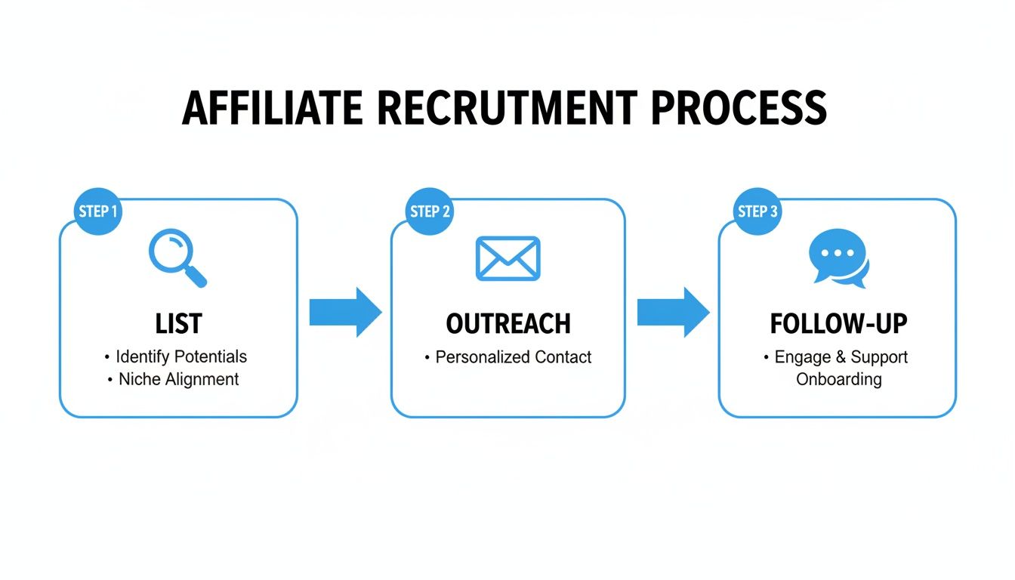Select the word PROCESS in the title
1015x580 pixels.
click(x=738, y=108)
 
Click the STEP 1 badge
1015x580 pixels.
click(x=98, y=211)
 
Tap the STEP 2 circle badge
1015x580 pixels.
click(x=430, y=211)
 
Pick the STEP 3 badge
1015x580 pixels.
click(x=757, y=211)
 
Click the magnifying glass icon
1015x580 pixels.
click(x=177, y=258)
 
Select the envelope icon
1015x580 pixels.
click(x=507, y=258)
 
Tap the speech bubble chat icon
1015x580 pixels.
click(x=838, y=258)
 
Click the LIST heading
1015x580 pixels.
click(x=178, y=324)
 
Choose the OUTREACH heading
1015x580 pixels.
click(x=507, y=324)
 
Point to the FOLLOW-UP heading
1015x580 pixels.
click(x=838, y=324)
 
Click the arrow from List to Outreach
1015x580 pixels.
click(x=345, y=312)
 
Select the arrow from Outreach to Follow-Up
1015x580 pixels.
click(x=673, y=312)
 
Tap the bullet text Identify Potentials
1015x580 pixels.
click(x=180, y=356)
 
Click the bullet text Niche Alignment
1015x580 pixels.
click(x=178, y=379)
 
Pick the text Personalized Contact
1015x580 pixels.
click(x=514, y=357)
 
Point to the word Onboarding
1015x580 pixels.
click(x=838, y=379)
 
